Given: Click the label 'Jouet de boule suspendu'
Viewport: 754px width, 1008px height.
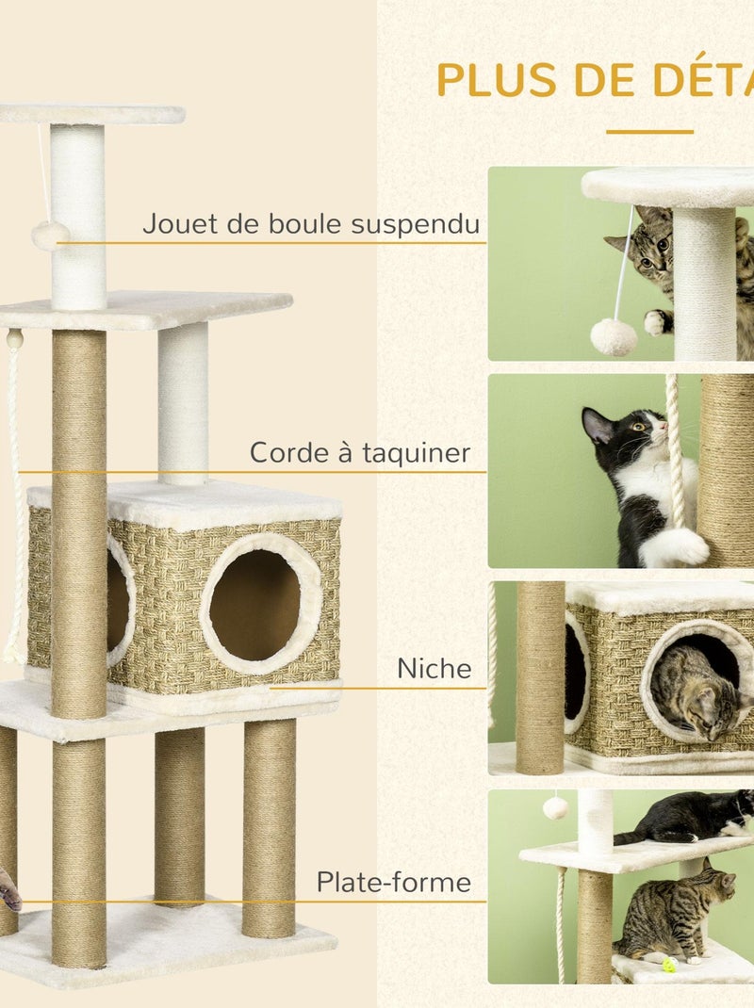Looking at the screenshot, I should [x=311, y=224].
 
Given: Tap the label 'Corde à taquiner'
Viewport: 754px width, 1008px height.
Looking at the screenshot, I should [x=359, y=453].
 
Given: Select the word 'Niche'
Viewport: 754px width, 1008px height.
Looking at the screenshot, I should [x=434, y=669].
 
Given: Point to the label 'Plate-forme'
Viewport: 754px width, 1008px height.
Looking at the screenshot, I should [x=393, y=883].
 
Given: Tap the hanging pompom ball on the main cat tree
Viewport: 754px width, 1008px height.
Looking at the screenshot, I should [x=50, y=236].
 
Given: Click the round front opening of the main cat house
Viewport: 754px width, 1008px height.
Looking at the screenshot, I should [x=254, y=604].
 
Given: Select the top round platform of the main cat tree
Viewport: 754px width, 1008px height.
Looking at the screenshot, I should [x=91, y=114].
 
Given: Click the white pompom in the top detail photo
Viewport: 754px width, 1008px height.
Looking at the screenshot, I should [x=614, y=336].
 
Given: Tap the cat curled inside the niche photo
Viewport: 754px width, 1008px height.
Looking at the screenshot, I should [x=693, y=692].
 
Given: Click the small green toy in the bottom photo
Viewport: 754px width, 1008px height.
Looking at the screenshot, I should [x=669, y=965].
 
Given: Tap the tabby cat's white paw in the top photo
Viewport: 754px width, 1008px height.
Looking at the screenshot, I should [x=657, y=322].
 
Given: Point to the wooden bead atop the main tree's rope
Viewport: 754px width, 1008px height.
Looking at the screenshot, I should [x=14, y=338].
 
